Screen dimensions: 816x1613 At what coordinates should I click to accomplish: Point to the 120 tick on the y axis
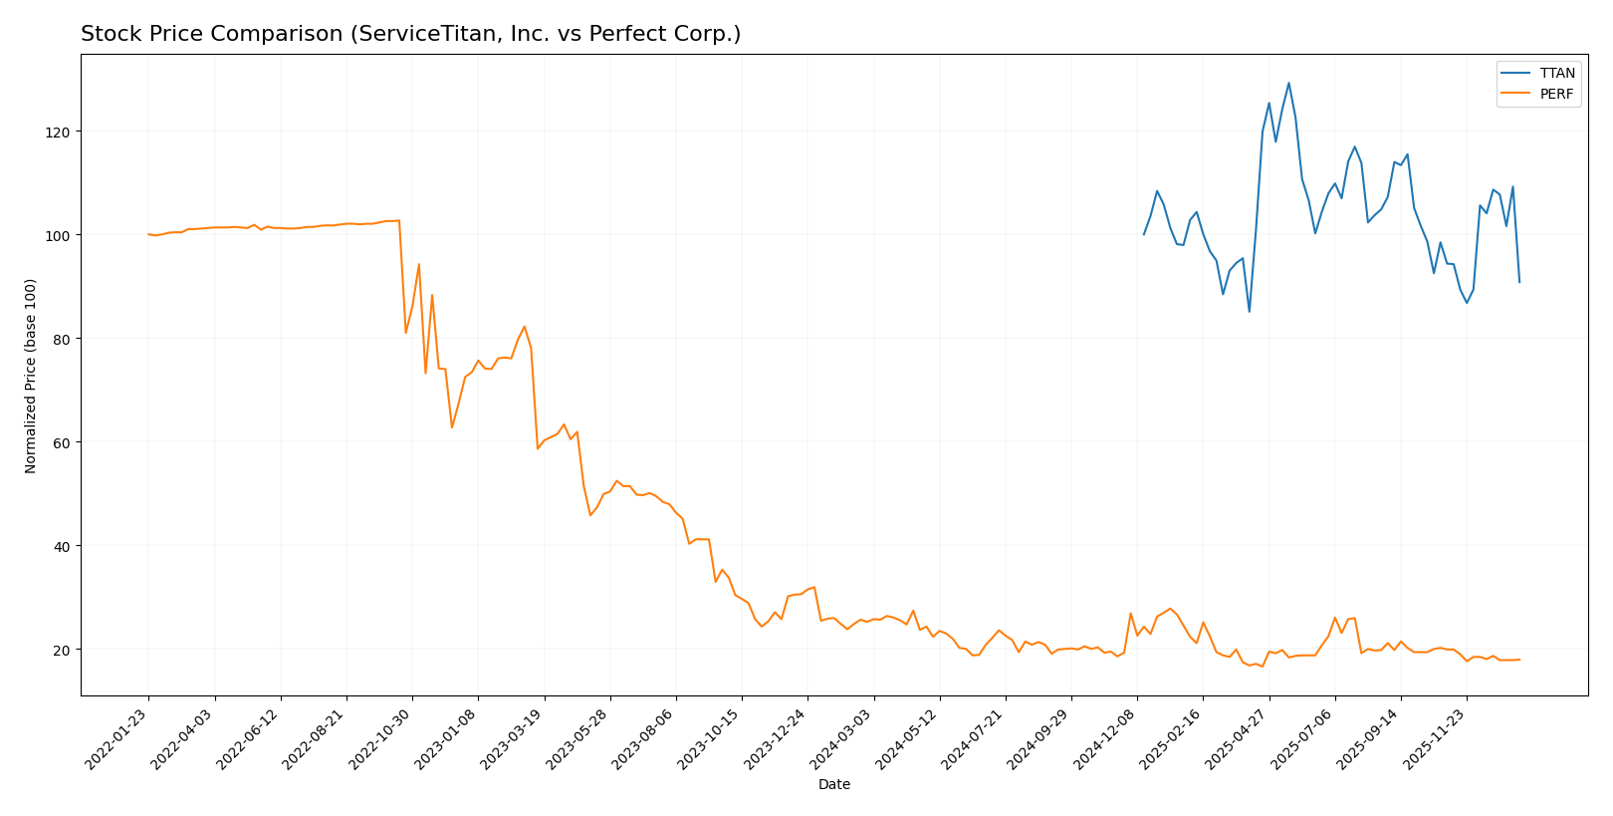66,132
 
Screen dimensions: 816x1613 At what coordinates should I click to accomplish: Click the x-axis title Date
833,785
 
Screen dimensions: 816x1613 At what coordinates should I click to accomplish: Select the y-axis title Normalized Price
31,376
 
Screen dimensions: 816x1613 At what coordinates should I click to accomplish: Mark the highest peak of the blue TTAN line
1288,83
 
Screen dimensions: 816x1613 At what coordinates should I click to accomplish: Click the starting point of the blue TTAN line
1144,234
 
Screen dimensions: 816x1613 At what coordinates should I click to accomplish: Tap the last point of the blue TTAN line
1519,282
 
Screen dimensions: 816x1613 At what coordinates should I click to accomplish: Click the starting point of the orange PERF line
148,234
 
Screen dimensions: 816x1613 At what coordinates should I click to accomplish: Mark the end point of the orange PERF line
1519,660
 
